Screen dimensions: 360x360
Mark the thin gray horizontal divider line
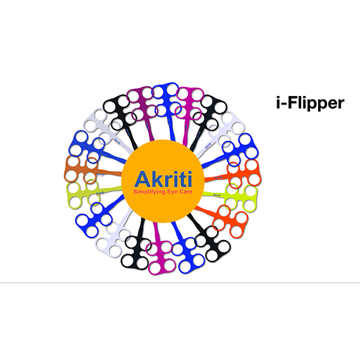coord(180,282)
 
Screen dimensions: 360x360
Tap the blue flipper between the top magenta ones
coord(165,96)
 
